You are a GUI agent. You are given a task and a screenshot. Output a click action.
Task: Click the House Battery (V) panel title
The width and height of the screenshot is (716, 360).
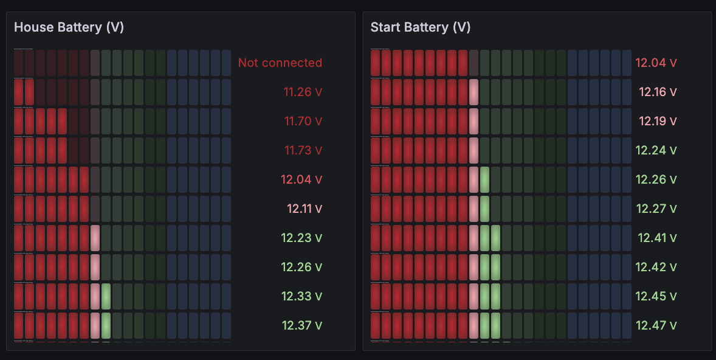click(69, 27)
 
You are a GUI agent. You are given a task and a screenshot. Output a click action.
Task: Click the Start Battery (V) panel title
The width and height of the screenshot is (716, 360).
click(421, 27)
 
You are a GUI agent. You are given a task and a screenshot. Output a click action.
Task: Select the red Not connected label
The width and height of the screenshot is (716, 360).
click(280, 63)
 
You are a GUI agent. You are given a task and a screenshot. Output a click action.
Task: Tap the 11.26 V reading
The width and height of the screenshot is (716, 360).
click(302, 92)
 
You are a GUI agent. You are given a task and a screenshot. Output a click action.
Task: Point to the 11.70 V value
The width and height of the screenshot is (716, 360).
click(303, 121)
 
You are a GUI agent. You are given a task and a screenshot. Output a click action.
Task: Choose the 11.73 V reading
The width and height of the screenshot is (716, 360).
click(303, 150)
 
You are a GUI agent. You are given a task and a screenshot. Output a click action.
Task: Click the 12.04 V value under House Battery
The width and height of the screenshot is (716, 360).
click(301, 179)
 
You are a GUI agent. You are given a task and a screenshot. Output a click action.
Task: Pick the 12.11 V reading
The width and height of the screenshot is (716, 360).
click(304, 209)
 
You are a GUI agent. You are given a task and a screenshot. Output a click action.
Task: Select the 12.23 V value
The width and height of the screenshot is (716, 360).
click(301, 238)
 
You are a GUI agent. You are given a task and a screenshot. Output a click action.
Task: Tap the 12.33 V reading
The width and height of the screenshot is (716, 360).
click(301, 296)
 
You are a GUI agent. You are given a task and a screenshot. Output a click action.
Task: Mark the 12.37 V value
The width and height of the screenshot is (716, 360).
click(301, 325)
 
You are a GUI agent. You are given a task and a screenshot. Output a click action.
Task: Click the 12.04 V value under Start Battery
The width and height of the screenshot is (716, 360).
click(656, 63)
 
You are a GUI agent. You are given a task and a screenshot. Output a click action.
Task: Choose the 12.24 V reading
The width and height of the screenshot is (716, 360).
click(656, 150)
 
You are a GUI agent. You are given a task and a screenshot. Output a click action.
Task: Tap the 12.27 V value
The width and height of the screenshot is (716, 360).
click(656, 209)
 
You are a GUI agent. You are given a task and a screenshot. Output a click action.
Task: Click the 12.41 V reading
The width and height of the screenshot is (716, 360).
click(656, 238)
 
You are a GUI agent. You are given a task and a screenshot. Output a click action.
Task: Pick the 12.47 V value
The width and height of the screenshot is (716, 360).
click(656, 325)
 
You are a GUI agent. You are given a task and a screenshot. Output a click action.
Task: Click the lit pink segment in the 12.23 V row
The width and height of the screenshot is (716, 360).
click(95, 238)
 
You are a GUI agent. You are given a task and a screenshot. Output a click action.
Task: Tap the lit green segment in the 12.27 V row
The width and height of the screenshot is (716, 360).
click(484, 209)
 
